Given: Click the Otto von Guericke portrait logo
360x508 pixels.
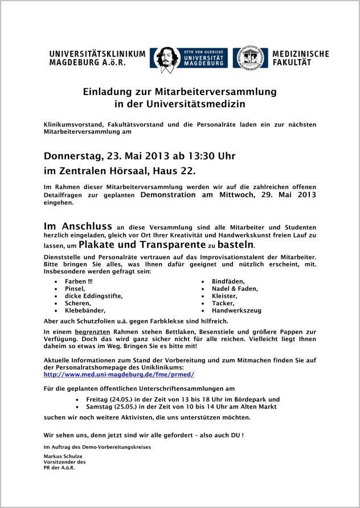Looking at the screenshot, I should [165, 58].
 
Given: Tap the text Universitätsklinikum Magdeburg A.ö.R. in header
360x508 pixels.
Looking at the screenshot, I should [97, 58].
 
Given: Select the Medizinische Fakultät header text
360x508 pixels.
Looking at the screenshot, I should [300, 58].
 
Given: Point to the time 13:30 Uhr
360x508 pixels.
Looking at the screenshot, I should [208, 156].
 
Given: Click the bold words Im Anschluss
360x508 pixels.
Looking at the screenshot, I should [78, 226].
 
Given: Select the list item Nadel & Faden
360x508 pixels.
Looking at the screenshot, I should [235, 289].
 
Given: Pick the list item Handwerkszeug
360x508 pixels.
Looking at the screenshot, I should [236, 311].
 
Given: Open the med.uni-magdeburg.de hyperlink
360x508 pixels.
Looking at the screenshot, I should [119, 375].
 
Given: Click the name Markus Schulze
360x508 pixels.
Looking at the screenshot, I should [64, 457].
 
